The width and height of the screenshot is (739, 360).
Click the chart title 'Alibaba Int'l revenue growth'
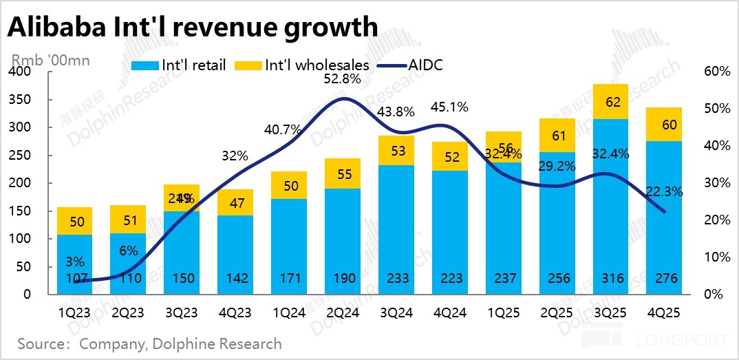point(193,28)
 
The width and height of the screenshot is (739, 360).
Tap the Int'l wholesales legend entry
point(303,66)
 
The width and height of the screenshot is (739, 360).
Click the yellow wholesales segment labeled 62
point(613,103)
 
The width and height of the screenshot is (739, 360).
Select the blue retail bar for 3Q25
point(613,200)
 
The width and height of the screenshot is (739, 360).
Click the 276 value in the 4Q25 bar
point(667,279)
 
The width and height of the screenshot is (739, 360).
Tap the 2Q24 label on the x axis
point(342,313)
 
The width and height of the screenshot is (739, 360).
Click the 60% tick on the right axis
point(716,72)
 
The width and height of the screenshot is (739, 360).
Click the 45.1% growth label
point(449,107)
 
